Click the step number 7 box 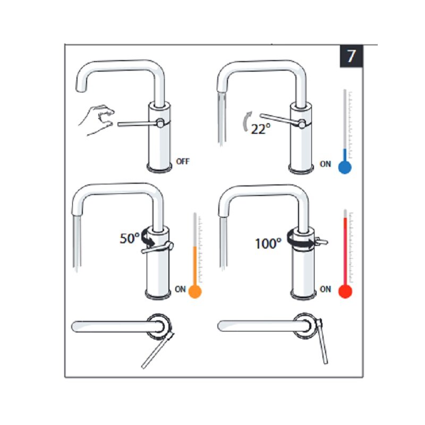pos(351,56)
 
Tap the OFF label pos(183,161)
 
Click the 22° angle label pos(261,129)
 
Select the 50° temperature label pos(129,239)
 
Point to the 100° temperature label pos(268,243)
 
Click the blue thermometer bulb pos(345,167)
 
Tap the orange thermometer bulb pos(195,292)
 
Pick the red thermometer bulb pos(345,292)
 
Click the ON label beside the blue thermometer pos(325,164)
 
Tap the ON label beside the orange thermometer pos(180,289)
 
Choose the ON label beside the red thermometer pos(325,289)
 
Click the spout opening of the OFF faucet pos(81,89)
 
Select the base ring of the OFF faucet pos(159,168)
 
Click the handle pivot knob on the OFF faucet pos(160,123)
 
